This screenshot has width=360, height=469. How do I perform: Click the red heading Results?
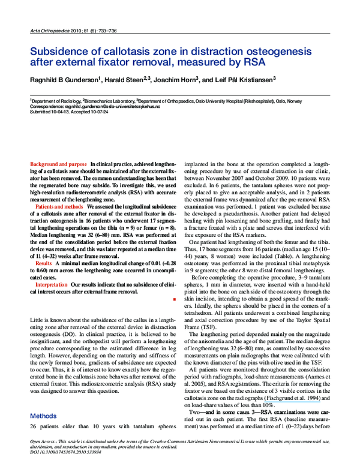[44, 263]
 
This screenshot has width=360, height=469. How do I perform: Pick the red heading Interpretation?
[51, 284]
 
